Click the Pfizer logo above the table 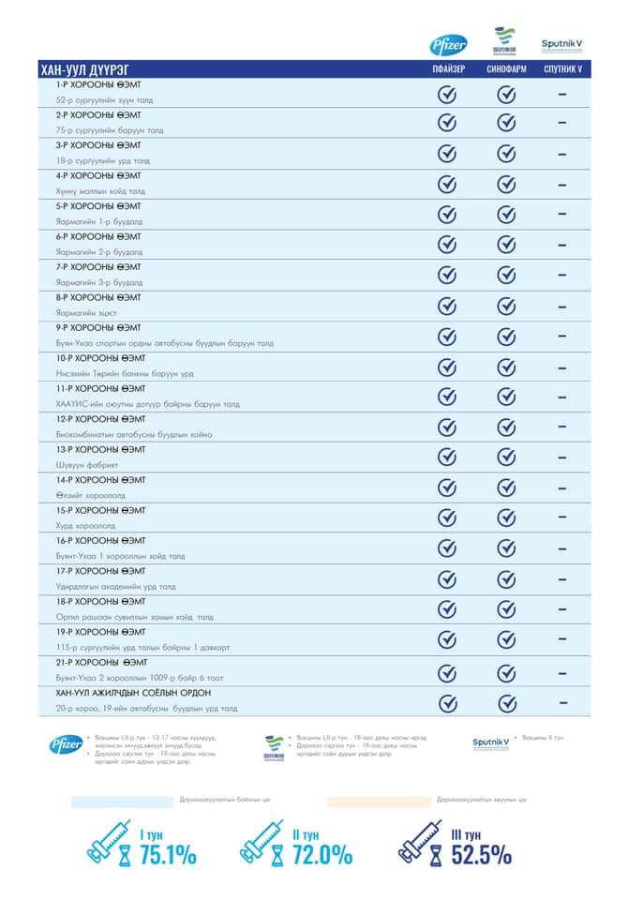[448, 44]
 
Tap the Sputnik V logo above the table [562, 43]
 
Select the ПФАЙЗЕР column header [447, 70]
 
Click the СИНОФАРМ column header [506, 70]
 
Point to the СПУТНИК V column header [562, 70]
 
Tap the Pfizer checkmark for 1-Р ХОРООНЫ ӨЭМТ [447, 94]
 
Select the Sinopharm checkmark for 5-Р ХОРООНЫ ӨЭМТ [506, 215]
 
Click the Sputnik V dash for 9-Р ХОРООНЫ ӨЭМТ [562, 337]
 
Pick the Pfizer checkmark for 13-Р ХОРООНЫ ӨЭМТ [447, 457]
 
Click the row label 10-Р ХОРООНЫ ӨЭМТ [100, 358]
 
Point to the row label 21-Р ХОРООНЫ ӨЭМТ [100, 663]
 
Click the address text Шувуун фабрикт [84, 465]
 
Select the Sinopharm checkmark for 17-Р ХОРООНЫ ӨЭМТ [506, 579]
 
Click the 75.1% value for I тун [168, 855]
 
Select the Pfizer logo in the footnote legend [67, 745]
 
